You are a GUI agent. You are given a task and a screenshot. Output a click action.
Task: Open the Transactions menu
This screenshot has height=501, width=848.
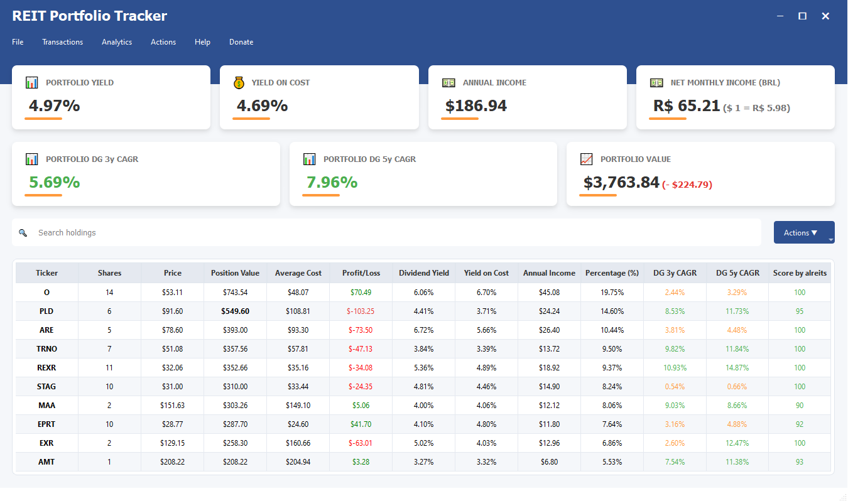pos(62,42)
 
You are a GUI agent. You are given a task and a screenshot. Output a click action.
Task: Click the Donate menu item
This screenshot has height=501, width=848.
pos(241,42)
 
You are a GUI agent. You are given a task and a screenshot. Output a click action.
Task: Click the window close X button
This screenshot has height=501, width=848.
pos(825,16)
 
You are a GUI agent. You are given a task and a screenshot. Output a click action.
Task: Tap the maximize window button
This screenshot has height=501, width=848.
pos(802,16)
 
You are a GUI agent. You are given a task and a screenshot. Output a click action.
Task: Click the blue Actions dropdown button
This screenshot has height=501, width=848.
pos(801,233)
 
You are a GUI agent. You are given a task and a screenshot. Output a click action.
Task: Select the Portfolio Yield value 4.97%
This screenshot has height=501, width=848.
pos(55,106)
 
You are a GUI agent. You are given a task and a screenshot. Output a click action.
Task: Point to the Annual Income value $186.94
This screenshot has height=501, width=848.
pos(476,106)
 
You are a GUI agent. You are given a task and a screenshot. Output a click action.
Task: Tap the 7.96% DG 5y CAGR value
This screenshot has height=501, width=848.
pos(332,183)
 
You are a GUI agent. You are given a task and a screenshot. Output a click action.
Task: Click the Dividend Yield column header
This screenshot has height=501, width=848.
pos(424,273)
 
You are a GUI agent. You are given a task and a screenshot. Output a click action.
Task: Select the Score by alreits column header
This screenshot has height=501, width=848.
pos(800,273)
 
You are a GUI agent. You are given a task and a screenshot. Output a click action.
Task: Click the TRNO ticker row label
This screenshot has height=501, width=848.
pos(46,349)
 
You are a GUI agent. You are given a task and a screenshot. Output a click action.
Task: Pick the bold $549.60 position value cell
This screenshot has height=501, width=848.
pos(235,311)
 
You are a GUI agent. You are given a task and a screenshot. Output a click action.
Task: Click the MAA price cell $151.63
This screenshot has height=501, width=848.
pos(172,406)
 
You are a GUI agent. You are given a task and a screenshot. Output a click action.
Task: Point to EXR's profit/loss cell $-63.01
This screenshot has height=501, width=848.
pos(361,443)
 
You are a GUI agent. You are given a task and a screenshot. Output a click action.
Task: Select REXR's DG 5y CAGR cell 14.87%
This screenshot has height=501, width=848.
pos(737,368)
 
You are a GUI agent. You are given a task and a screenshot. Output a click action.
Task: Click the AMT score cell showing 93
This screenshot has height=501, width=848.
pos(800,462)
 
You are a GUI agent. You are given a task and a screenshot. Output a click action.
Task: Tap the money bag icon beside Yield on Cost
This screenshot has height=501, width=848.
pos(239,83)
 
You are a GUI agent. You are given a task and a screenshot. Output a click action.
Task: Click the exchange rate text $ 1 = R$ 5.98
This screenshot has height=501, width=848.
pos(756,108)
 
